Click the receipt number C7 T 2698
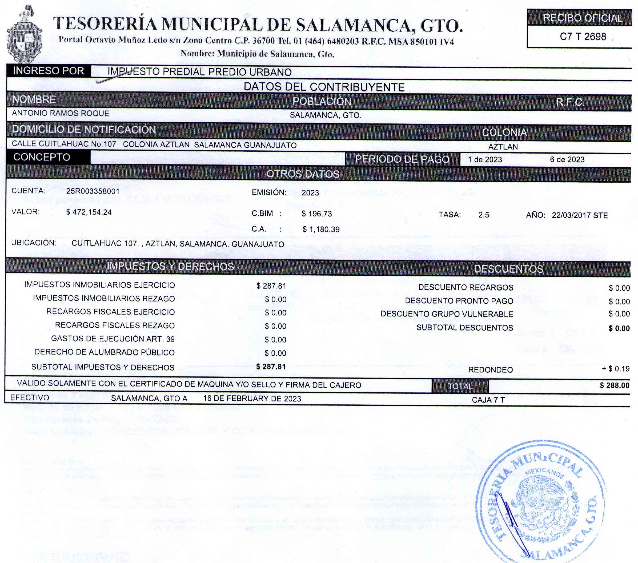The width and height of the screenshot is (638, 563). pos(583,37)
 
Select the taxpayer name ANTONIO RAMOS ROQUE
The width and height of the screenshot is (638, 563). pos(61,113)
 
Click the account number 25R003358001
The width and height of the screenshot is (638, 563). pos(93,191)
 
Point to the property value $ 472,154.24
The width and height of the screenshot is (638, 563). pos(89,212)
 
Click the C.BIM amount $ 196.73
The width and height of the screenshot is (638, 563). pos(316,214)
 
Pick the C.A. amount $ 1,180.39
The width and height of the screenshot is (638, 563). pos(321,229)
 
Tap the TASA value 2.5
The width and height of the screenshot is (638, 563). pos(483,215)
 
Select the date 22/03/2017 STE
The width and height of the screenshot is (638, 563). pos(580,215)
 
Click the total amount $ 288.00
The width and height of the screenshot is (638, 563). pos(614,385)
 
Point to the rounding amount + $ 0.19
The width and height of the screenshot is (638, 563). pos(616,369)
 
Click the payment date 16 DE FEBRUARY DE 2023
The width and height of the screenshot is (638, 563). pos(252,399)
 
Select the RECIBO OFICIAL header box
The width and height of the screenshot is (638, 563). pos(583,18)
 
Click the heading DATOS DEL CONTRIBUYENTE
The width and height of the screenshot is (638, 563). pos(324,87)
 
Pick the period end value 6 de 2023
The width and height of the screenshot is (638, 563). pos(567,160)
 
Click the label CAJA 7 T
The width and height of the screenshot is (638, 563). pos(488,400)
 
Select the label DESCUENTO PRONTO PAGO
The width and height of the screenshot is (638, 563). pos(459,301)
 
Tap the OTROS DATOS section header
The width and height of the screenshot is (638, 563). pos(303,174)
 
